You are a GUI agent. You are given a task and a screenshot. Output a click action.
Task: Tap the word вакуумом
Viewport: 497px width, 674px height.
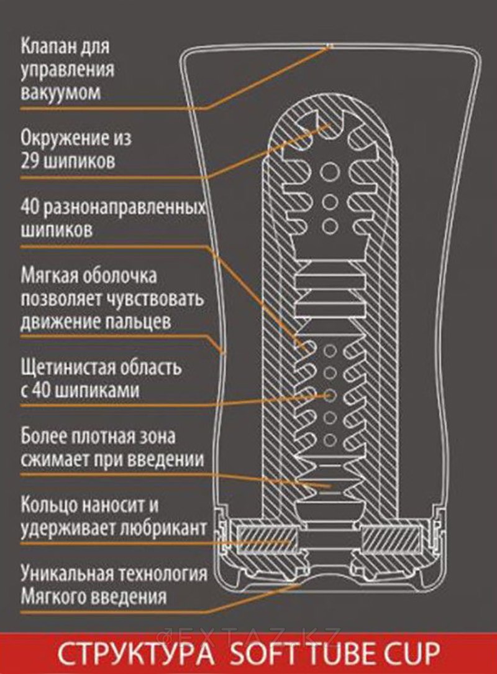click(60, 93)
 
